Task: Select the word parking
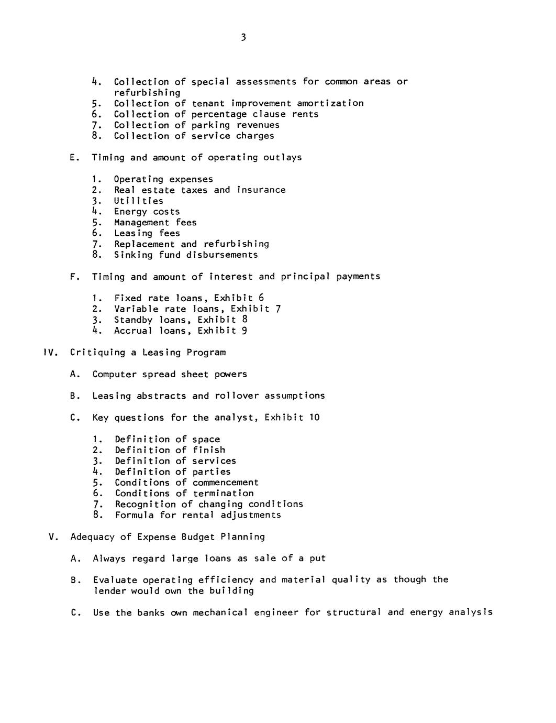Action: click(x=210, y=125)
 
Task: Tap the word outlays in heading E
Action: click(x=283, y=158)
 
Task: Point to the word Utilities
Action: click(x=139, y=201)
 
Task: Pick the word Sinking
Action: click(x=133, y=255)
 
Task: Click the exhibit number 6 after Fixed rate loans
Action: click(x=261, y=298)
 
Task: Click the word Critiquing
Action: click(x=98, y=353)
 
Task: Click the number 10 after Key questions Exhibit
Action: click(x=314, y=418)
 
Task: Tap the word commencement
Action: click(x=226, y=483)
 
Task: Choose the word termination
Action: click(x=223, y=494)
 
